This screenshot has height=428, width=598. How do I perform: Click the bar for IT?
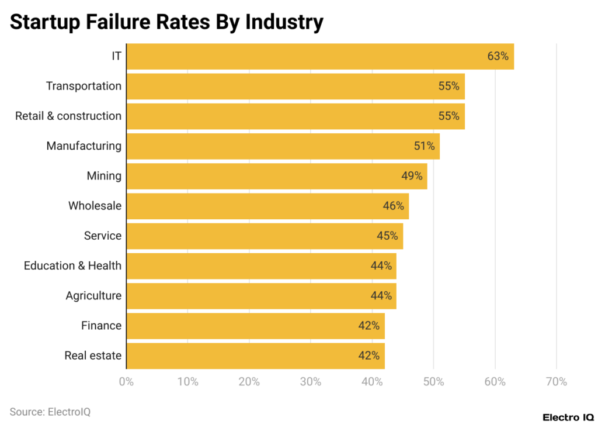coord(320,56)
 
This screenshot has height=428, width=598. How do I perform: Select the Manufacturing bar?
coord(283,146)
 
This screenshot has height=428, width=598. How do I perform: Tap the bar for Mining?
coord(277,176)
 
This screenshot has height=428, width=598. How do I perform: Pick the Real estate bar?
coord(255,355)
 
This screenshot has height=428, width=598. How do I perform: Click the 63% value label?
coord(498,57)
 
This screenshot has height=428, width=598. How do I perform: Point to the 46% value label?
coord(393,206)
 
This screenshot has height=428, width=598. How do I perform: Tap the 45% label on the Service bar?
coord(387,236)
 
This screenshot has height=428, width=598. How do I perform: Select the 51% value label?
coord(424,146)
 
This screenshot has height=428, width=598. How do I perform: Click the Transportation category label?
coord(84,86)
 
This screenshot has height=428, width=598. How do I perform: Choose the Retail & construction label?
coord(68,116)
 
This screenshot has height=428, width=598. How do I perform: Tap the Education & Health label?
coord(72,265)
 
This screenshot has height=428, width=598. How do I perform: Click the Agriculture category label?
coord(93,295)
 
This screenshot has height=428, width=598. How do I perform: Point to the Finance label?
coord(101,325)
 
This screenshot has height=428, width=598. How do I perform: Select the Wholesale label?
coord(95,206)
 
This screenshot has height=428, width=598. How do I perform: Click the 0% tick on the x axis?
coord(126,382)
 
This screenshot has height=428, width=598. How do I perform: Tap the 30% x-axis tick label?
coord(311,382)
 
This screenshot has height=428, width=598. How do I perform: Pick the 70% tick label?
coord(556,382)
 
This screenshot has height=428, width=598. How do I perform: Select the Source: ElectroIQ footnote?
coord(50,412)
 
